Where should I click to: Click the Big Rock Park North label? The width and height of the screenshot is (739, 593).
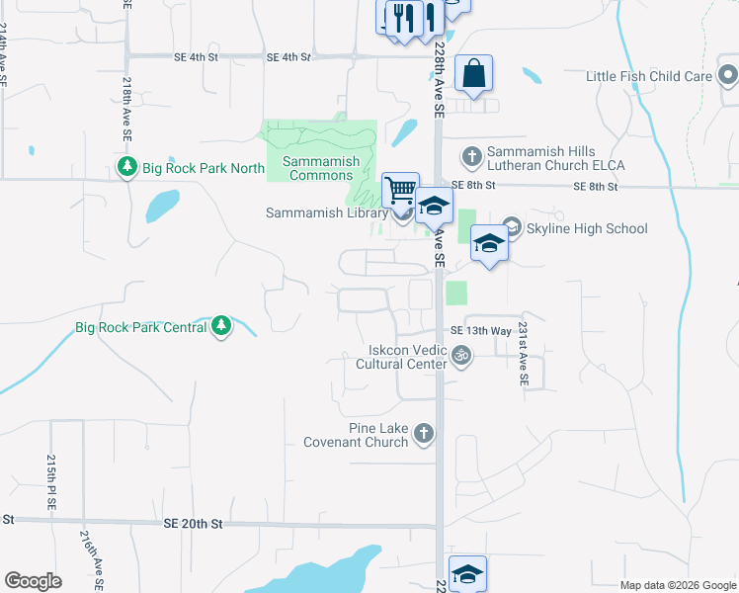coord(204,168)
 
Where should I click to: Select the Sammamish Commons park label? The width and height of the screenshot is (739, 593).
coord(317,168)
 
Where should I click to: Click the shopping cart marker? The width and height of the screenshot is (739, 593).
coord(400,189)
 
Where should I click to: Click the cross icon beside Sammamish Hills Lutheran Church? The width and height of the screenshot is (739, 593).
coord(472,156)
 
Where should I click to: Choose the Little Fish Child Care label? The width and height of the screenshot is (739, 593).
coord(649,76)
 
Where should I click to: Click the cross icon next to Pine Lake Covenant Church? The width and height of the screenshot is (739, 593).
coord(424,432)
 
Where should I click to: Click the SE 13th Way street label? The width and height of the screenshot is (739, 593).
coord(481,330)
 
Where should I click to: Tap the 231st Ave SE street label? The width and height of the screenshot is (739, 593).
coord(525,359)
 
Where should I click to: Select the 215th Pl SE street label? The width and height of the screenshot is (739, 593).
coord(50,482)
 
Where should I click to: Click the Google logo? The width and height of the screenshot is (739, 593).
coord(34,581)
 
